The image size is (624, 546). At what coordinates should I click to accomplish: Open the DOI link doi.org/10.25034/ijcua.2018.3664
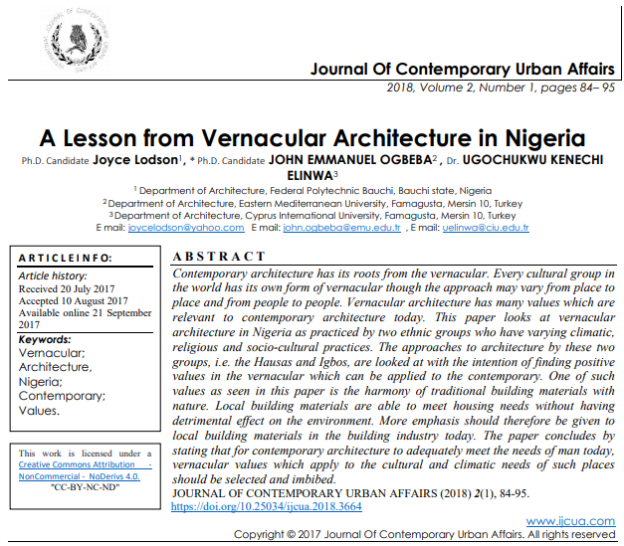point(267,506)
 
